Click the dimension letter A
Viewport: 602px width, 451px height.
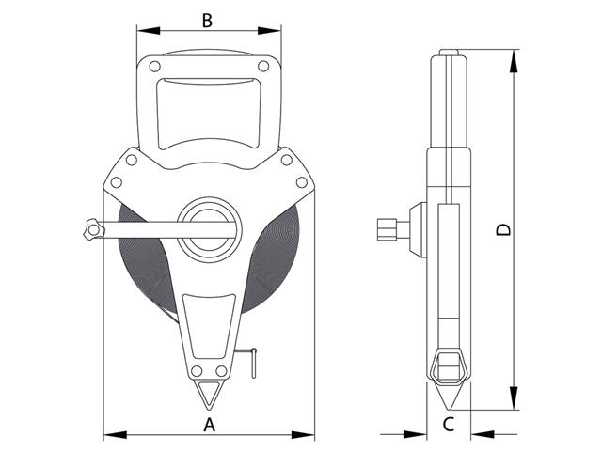click(x=210, y=424)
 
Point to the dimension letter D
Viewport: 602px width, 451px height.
click(x=505, y=229)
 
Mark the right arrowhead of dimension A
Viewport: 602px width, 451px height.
click(x=309, y=434)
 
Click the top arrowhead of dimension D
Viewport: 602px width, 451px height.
click(x=515, y=57)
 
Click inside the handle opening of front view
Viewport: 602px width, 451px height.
click(x=208, y=111)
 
